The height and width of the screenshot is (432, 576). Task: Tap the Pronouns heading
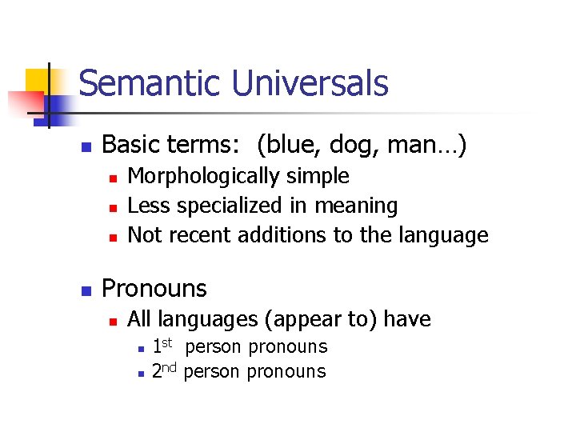(x=154, y=288)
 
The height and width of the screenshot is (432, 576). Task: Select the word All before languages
(x=141, y=319)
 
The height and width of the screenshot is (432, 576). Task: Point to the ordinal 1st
(x=162, y=346)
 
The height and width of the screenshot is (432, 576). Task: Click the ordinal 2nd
(x=165, y=371)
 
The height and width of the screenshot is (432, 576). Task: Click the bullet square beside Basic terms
(x=89, y=147)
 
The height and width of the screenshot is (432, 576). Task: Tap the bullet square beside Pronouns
(x=89, y=290)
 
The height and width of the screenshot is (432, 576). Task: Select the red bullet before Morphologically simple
(x=114, y=178)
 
